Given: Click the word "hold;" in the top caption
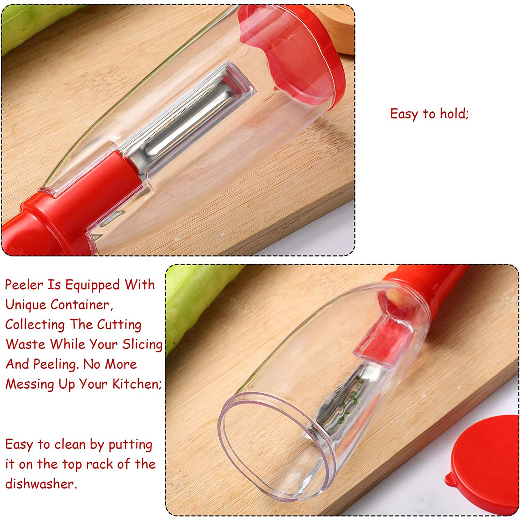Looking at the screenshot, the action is (454, 114).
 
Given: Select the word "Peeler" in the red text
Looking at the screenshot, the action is (24, 285).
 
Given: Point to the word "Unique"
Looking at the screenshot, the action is (26, 305).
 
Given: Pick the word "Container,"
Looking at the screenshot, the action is (82, 305).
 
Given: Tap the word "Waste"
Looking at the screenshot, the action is (25, 344).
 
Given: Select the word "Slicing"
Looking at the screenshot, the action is (142, 345).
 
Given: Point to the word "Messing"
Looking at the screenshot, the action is (30, 384).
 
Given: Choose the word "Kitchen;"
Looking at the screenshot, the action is (137, 384).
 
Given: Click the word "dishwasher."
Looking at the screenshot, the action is (41, 484).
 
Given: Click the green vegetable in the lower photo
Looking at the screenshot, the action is (195, 299).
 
